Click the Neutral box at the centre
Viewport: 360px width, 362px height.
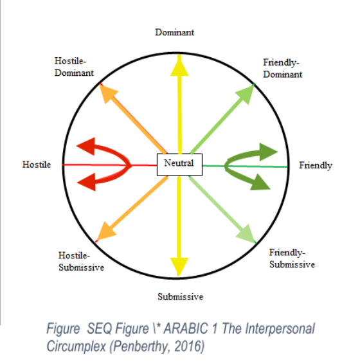click(179, 165)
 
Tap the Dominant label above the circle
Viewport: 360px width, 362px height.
click(174, 32)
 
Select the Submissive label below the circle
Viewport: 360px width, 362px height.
click(180, 296)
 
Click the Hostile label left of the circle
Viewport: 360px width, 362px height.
click(37, 165)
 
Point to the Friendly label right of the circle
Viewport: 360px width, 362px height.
click(316, 165)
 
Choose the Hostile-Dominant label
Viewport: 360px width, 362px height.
click(74, 67)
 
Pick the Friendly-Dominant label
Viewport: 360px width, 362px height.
click(282, 68)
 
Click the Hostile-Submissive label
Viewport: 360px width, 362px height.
click(81, 262)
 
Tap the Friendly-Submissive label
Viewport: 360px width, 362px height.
click(292, 258)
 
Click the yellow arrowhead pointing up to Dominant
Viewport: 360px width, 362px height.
click(179, 66)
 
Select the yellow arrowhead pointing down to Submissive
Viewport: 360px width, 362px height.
click(179, 266)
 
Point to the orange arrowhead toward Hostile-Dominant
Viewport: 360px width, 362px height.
click(107, 93)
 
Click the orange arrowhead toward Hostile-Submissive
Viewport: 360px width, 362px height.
click(105, 231)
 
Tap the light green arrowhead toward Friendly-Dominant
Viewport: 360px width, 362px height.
click(246, 93)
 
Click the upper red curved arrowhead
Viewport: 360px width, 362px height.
click(87, 147)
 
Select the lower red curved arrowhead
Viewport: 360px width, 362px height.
click(88, 182)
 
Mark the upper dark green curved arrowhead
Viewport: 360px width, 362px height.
click(267, 152)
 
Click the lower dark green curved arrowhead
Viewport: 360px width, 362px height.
click(260, 183)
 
